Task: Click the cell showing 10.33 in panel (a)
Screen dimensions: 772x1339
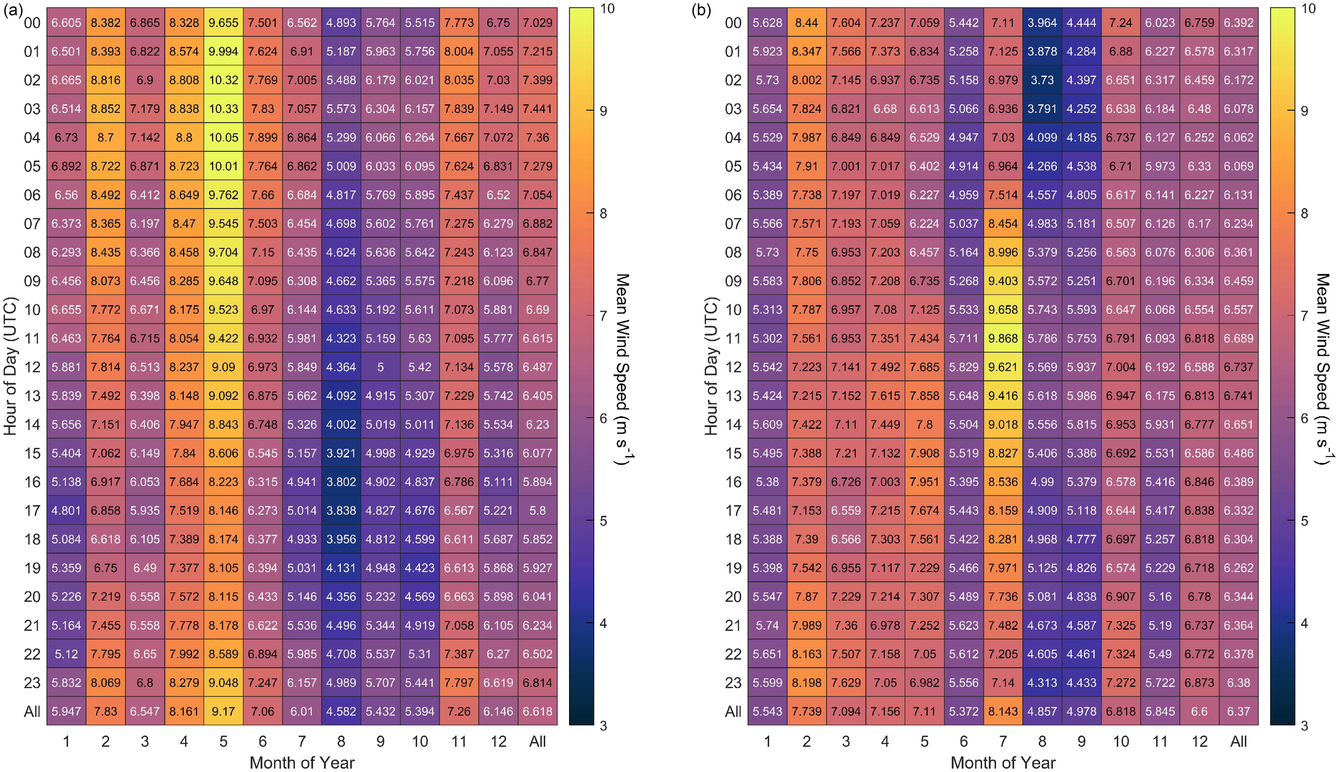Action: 223,109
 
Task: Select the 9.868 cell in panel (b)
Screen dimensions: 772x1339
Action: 1002,338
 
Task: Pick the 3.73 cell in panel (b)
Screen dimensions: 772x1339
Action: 1042,80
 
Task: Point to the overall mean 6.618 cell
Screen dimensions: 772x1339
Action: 538,712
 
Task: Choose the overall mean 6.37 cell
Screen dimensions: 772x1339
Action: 1238,712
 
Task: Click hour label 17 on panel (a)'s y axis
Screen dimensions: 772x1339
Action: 32,511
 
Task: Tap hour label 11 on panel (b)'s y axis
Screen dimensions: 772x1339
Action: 733,338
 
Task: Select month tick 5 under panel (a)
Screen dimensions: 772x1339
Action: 223,741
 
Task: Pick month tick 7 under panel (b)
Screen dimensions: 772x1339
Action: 1002,741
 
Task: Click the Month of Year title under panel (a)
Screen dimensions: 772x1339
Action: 302,762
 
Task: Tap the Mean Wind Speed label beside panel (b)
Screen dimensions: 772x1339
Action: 1323,369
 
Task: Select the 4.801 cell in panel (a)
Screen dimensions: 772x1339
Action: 66,511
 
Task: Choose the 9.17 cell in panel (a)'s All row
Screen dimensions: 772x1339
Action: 223,712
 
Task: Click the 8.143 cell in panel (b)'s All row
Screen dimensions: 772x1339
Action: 1002,712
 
